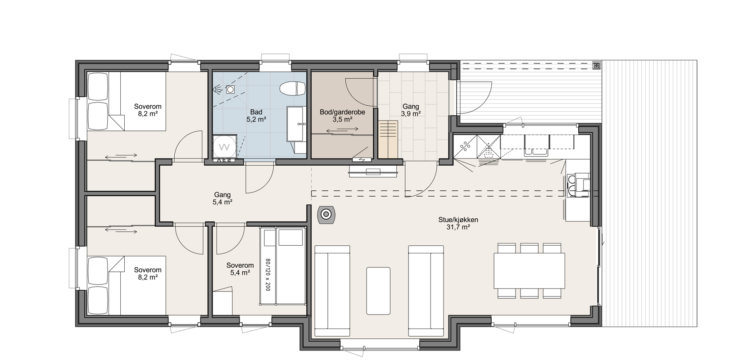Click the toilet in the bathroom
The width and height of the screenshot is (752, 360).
click(x=292, y=89)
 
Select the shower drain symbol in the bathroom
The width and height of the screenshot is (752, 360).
click(x=230, y=89)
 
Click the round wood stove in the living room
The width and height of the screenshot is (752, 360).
click(x=326, y=214)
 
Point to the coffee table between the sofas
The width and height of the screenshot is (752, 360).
click(x=378, y=291)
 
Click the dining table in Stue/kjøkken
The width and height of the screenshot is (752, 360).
click(x=529, y=271)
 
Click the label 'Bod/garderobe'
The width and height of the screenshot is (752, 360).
click(x=342, y=112)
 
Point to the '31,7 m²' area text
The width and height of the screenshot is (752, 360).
click(x=458, y=227)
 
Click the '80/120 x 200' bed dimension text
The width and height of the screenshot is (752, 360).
click(x=267, y=274)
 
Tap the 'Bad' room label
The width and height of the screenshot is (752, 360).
click(x=256, y=112)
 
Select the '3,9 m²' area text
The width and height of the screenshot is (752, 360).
click(x=411, y=114)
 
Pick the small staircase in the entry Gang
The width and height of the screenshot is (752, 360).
click(x=388, y=139)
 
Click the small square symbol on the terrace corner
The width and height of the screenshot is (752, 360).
click(x=596, y=65)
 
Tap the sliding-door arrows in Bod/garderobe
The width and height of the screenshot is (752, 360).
click(x=342, y=129)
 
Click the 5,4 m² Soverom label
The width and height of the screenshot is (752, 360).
click(x=240, y=269)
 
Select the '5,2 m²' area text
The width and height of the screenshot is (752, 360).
click(x=256, y=119)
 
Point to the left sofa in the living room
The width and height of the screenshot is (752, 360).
click(x=332, y=291)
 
